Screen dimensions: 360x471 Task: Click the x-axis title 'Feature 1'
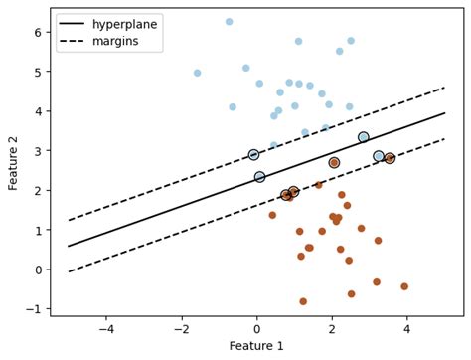[257, 346]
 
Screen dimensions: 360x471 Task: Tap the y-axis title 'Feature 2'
[14, 162]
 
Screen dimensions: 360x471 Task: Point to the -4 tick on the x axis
[106, 327]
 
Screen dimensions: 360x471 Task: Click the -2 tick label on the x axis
[181, 327]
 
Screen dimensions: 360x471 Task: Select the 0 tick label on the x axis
[257, 327]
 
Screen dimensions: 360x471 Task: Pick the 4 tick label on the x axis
[407, 327]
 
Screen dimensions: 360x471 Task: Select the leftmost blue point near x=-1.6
[197, 73]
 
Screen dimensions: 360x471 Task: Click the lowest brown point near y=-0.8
[303, 301]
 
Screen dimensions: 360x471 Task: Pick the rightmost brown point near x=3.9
[404, 286]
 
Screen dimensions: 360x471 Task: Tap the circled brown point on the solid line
[334, 163]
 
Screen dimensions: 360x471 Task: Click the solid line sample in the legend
[72, 23]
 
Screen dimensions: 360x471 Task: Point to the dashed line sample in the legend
[72, 42]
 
